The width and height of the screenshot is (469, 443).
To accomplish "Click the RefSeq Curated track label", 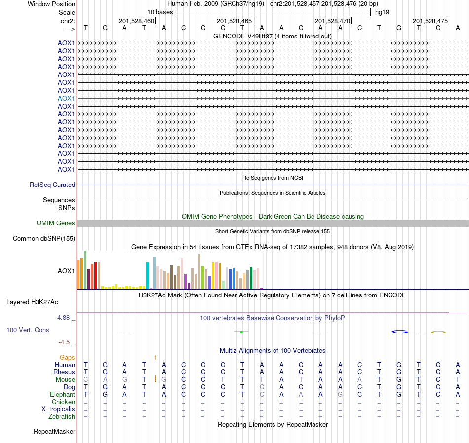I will pyautogui.click(x=52, y=185).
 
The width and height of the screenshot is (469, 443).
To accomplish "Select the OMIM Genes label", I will pyautogui.click(x=56, y=223).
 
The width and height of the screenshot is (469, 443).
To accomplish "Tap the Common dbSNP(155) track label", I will pyautogui.click(x=44, y=239).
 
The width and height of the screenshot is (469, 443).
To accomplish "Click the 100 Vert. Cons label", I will pyautogui.click(x=28, y=330).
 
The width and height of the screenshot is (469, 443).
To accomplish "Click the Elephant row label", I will pyautogui.click(x=62, y=394).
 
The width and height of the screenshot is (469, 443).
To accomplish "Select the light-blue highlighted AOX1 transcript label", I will pyautogui.click(x=66, y=98).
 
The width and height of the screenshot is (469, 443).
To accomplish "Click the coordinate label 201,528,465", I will pyautogui.click(x=234, y=21).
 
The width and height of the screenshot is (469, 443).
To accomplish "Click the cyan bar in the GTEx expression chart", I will pyautogui.click(x=148, y=275).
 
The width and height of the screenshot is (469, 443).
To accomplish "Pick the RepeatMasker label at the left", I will pyautogui.click(x=54, y=432).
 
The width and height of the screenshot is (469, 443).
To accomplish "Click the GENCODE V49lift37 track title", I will pyautogui.click(x=273, y=36).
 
